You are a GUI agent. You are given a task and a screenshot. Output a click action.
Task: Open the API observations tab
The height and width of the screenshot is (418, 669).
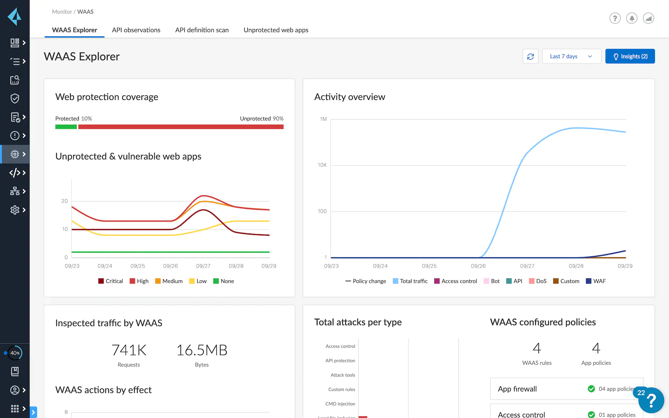(136, 30)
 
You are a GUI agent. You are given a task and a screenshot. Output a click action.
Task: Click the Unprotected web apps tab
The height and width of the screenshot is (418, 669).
(276, 30)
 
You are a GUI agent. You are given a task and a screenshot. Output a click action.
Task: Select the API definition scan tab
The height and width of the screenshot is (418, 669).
(202, 30)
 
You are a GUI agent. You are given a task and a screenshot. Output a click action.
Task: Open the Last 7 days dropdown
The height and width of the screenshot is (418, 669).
(571, 56)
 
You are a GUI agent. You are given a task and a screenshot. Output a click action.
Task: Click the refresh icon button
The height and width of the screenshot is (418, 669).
(530, 56)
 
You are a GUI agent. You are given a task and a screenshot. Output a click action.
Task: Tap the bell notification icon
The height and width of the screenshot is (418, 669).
(631, 18)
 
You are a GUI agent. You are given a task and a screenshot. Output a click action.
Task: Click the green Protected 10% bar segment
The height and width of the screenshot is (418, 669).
(66, 127)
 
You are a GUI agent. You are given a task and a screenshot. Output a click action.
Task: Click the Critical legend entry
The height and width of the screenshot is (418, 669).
(110, 281)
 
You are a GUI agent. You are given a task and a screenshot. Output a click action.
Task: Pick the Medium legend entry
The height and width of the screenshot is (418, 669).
(169, 281)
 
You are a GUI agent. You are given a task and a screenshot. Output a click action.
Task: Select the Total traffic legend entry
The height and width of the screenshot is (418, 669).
(410, 281)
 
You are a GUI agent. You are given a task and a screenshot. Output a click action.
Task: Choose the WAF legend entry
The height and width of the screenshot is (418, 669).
(596, 281)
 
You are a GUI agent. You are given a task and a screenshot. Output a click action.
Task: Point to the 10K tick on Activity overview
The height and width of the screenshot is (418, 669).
(322, 165)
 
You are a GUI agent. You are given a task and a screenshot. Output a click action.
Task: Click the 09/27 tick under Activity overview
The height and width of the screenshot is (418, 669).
(527, 266)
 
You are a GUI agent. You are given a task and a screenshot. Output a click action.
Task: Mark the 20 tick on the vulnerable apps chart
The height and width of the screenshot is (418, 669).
(64, 201)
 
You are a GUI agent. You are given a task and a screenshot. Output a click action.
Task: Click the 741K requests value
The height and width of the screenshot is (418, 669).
(129, 350)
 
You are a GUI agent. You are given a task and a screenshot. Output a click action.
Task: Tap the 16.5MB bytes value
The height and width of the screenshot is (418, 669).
(202, 350)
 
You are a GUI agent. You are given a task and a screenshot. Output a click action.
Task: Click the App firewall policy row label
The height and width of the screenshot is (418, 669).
(517, 389)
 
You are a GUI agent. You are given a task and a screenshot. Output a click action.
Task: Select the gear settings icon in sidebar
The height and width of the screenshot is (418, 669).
(15, 210)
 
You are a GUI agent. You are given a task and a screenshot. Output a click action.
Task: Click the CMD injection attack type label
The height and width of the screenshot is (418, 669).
(340, 404)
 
